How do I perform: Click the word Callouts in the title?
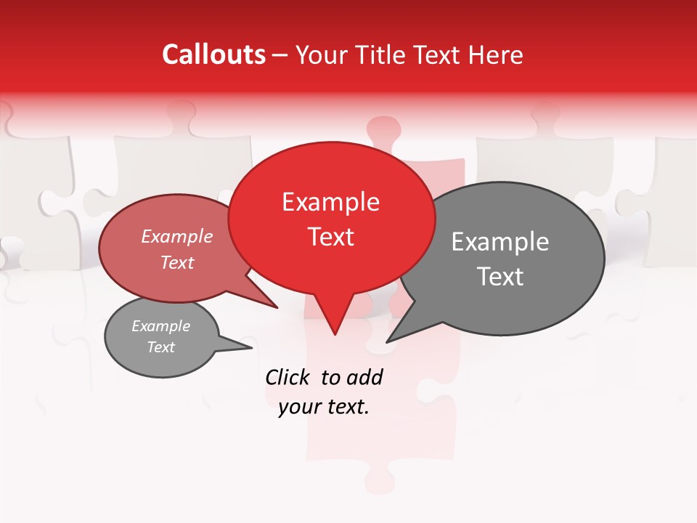[x=213, y=54]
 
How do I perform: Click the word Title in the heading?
[x=385, y=55]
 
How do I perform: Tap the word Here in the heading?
[x=496, y=55]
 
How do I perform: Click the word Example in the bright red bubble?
[x=330, y=202]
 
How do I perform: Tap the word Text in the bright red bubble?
[x=330, y=237]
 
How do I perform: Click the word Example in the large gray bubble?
[x=500, y=242]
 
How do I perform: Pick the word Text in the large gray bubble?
[x=500, y=277]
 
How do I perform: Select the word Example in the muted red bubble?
[x=176, y=237]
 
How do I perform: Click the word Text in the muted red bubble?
[x=176, y=262]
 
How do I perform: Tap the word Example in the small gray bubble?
[x=160, y=326]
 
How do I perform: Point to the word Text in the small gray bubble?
[x=160, y=347]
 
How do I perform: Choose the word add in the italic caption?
[x=364, y=377]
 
